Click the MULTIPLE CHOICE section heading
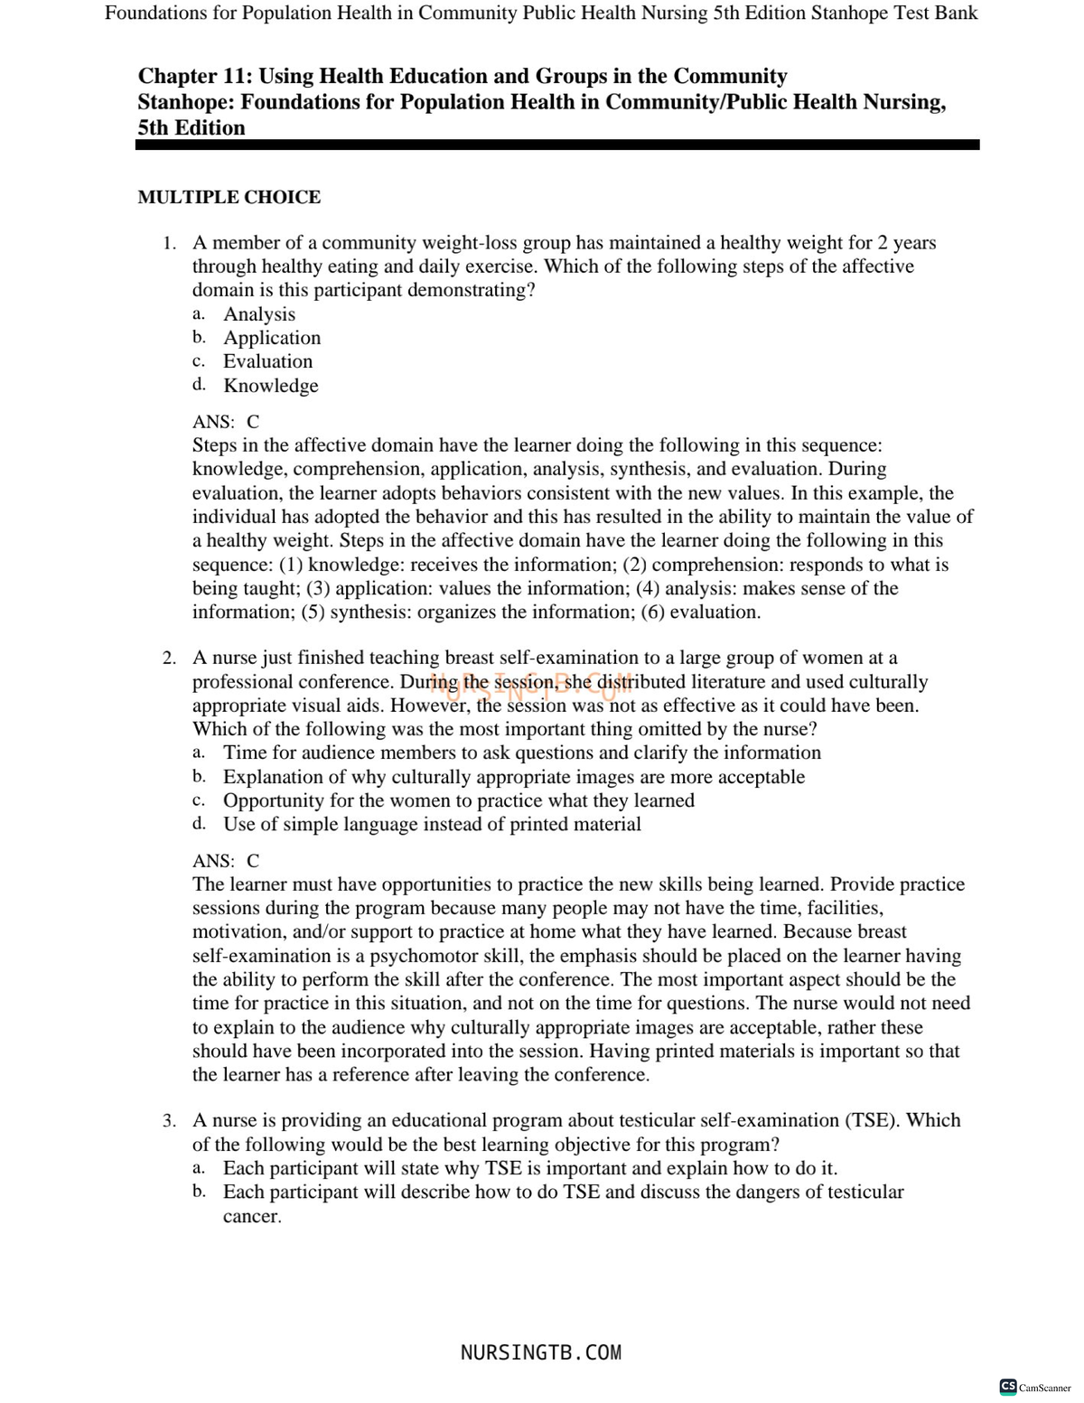[229, 197]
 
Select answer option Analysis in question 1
[259, 314]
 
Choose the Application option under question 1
[272, 338]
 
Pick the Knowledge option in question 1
[271, 386]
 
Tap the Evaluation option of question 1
[268, 361]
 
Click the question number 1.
[168, 243]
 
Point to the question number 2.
[169, 658]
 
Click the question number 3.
[169, 1121]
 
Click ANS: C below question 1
[226, 422]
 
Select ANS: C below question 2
[226, 861]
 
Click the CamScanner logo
[1035, 1387]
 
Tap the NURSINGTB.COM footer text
[541, 1352]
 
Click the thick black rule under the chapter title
[557, 145]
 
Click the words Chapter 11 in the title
[194, 76]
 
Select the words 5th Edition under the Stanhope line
[192, 127]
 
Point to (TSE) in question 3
[873, 1120]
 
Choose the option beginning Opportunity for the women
[459, 800]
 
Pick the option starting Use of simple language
[432, 824]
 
